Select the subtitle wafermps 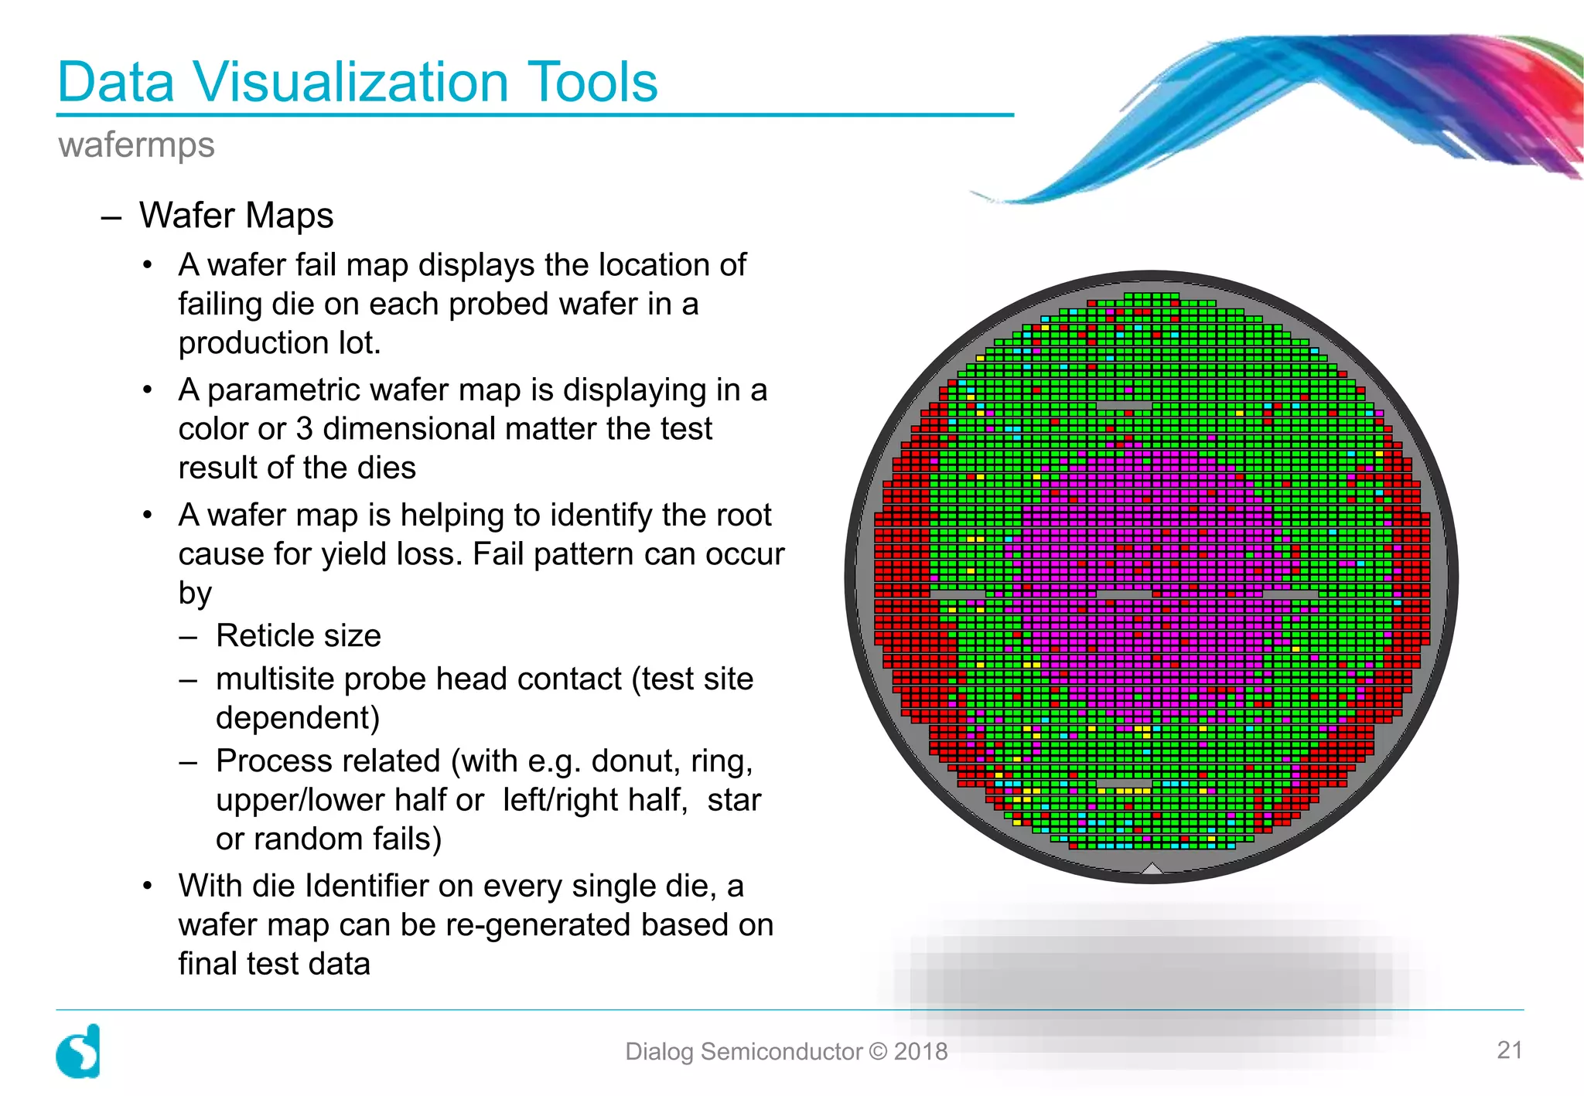[136, 145]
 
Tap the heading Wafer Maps [236, 215]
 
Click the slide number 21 [1509, 1050]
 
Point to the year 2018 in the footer [920, 1051]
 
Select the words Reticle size [298, 635]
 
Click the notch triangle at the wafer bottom [1152, 869]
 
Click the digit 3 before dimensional [304, 429]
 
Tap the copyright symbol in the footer [878, 1051]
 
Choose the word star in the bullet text [734, 800]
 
